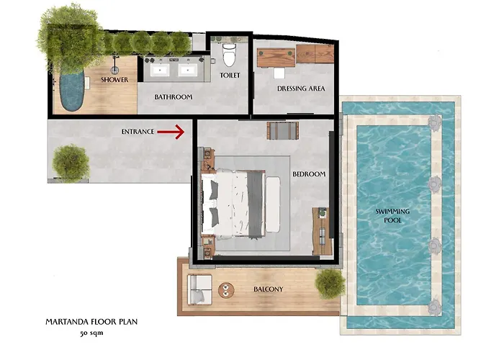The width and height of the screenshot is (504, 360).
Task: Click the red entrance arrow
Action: (171, 132)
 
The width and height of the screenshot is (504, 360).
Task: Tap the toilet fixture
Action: (229, 54)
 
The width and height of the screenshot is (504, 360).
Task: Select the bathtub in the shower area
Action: (72, 90)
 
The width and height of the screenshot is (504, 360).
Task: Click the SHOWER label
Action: (114, 79)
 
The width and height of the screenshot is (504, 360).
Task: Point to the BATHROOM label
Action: (174, 96)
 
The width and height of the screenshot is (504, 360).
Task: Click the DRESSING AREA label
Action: (301, 89)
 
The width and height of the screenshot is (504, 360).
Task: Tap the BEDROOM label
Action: (309, 174)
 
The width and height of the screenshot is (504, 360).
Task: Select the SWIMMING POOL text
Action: (392, 216)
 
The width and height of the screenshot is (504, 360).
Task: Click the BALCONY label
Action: (269, 289)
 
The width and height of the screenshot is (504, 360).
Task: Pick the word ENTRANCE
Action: (138, 132)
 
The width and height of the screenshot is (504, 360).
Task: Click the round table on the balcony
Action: (226, 290)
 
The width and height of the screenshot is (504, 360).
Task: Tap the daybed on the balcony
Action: (199, 289)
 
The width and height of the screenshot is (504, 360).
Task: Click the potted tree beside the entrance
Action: (71, 163)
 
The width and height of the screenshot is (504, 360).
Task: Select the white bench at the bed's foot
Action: (273, 204)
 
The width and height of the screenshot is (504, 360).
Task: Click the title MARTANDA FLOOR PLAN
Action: (91, 322)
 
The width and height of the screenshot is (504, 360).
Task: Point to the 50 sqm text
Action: (91, 333)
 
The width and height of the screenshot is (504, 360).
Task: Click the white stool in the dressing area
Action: (279, 73)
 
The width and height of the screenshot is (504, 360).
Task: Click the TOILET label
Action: (230, 75)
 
